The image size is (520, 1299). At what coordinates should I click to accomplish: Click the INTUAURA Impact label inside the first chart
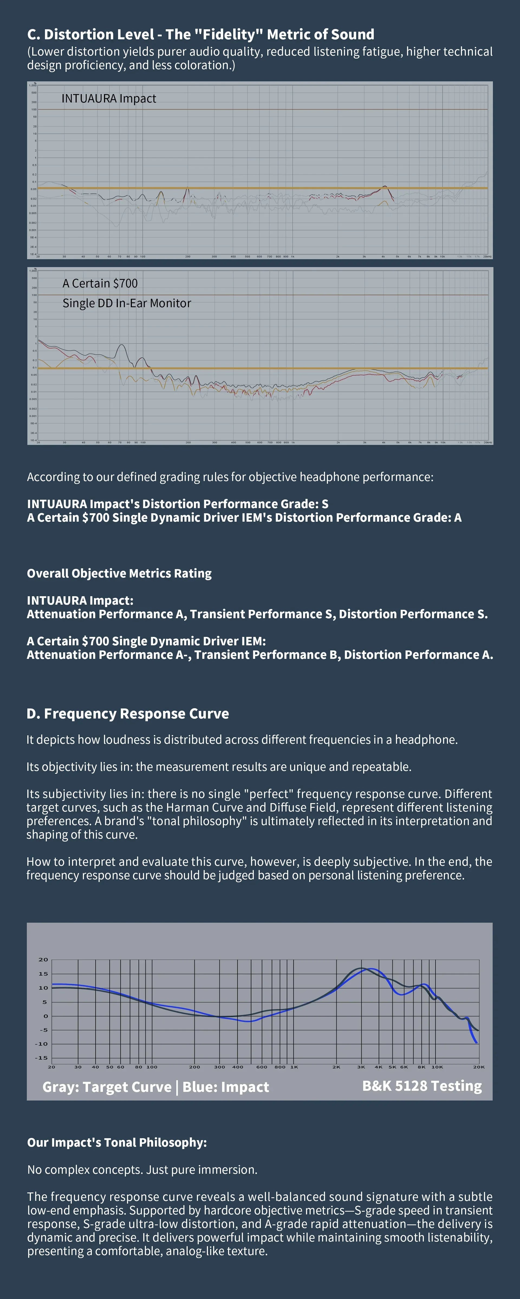click(109, 98)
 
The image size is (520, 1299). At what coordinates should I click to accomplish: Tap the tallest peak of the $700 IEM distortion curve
click(121, 345)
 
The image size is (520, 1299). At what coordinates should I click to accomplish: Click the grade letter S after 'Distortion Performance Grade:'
click(325, 504)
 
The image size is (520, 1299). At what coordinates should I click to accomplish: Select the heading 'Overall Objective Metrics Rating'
click(119, 573)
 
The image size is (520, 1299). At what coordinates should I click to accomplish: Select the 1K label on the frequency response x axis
click(294, 1067)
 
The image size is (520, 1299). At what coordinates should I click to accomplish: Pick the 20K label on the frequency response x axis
click(479, 1067)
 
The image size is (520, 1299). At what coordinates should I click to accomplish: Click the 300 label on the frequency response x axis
click(220, 1067)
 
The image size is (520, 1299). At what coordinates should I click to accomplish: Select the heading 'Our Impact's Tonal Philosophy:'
click(117, 1142)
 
